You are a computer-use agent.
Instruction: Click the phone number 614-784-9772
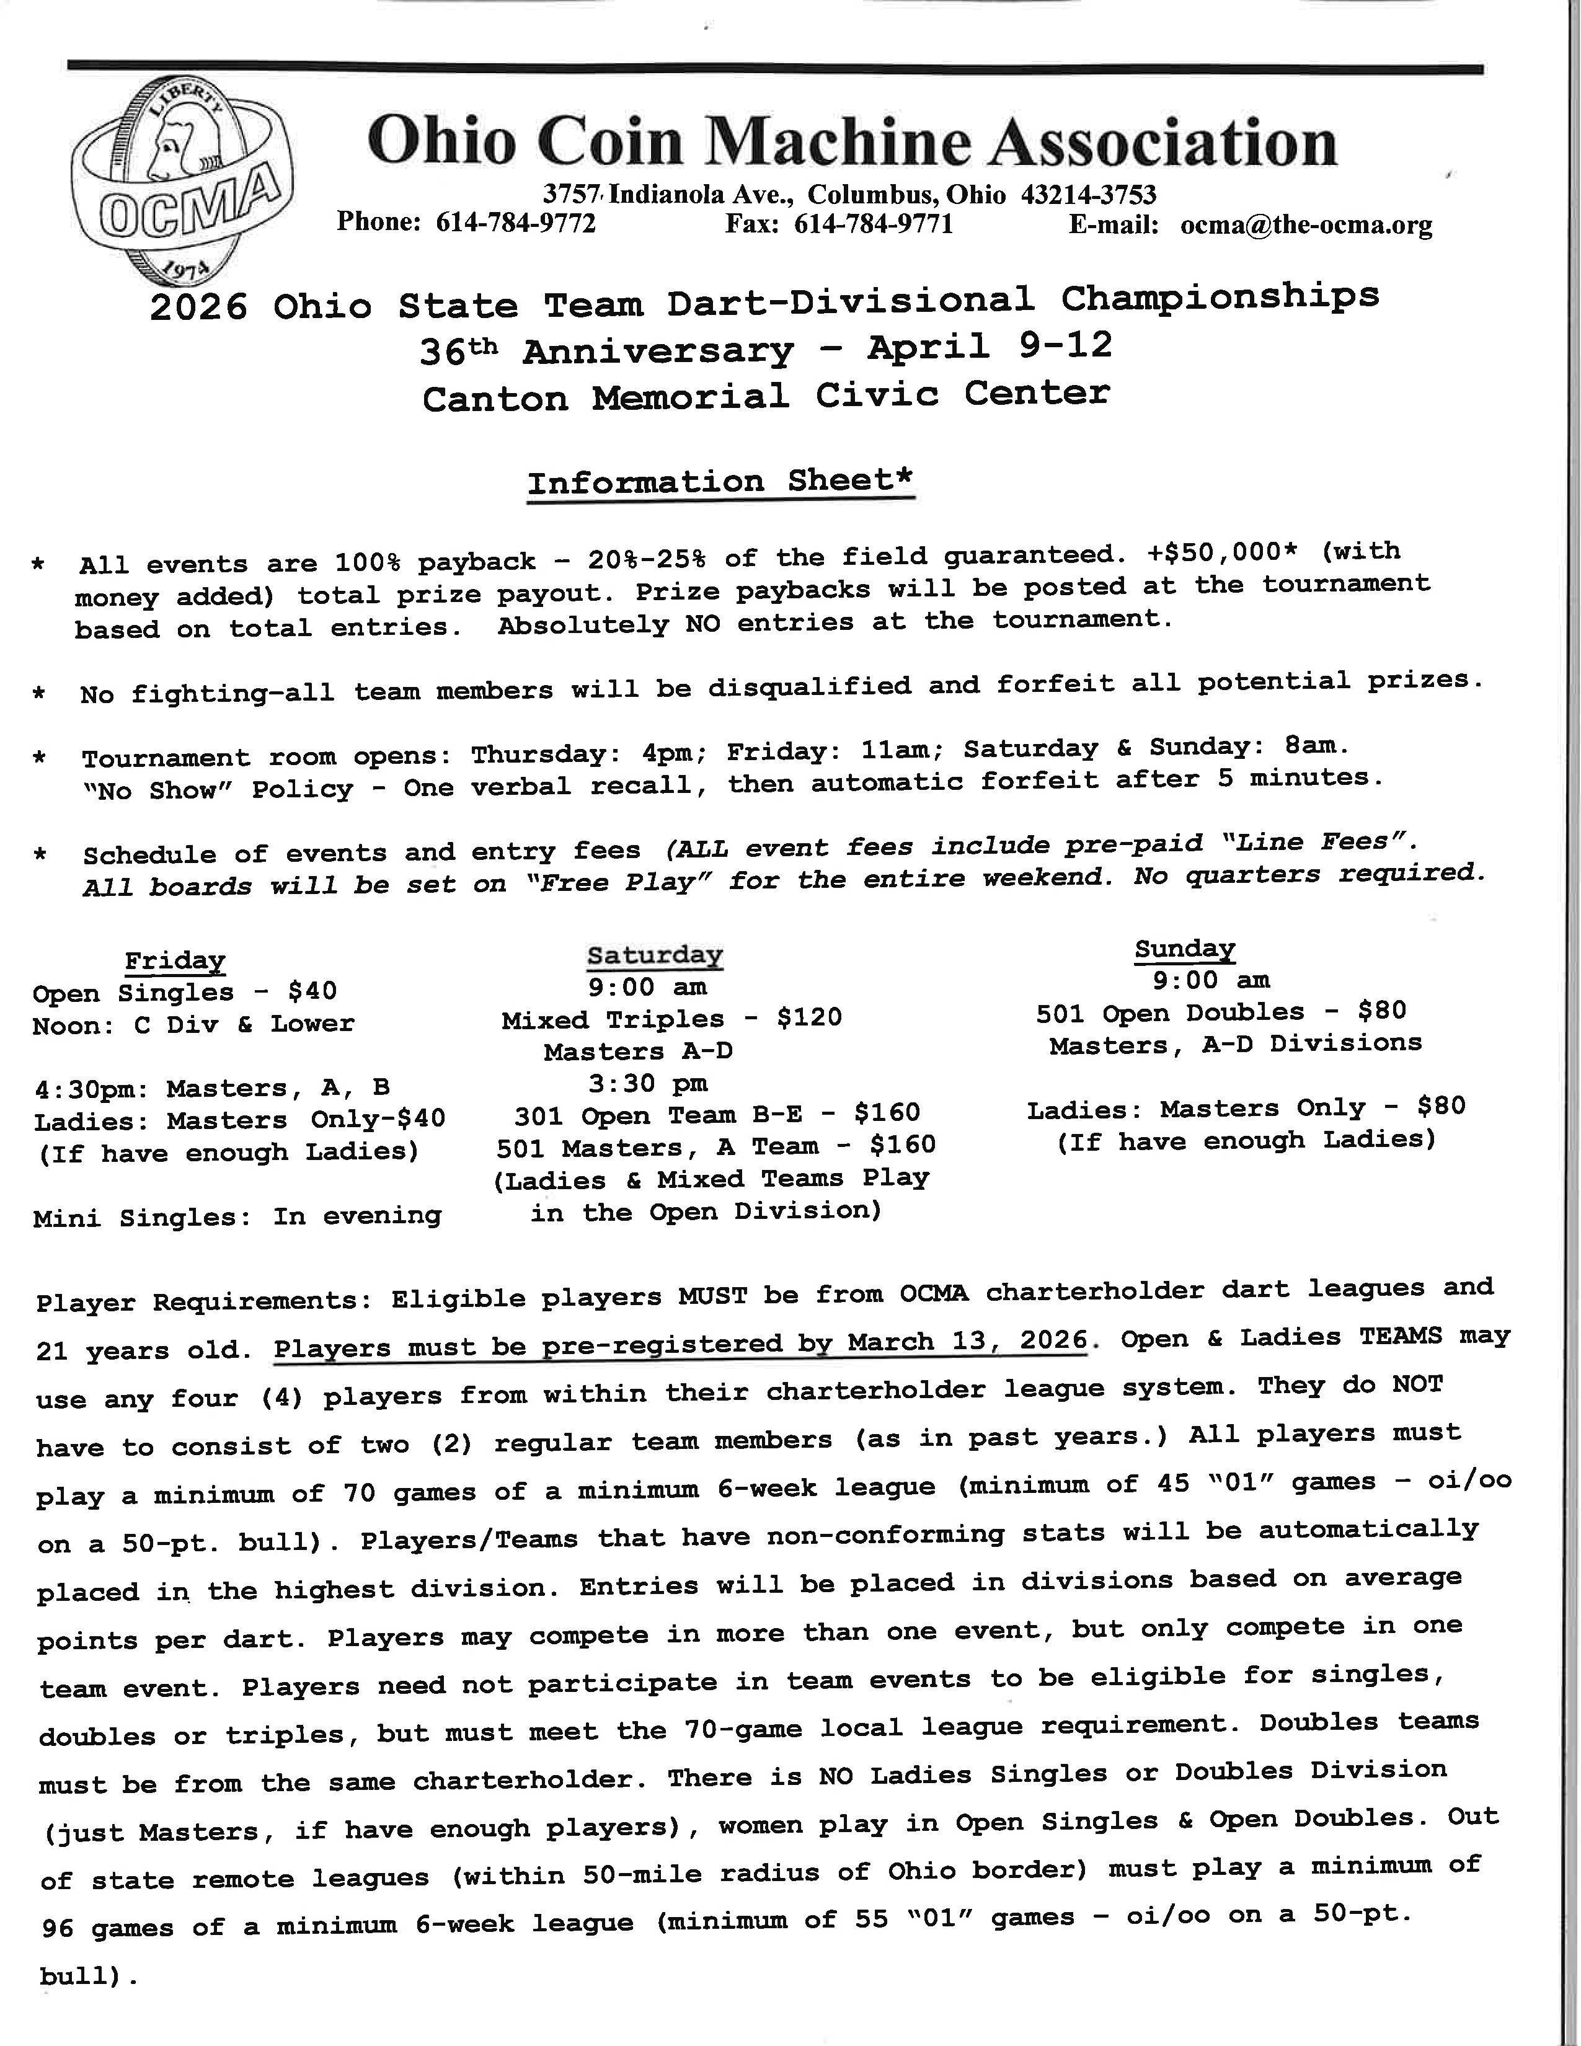pos(515,223)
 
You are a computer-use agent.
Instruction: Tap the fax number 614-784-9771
pos(873,224)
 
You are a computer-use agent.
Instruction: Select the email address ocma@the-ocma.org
pos(1306,226)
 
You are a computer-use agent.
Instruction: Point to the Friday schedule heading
pos(175,961)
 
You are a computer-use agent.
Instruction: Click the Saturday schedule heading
pos(655,955)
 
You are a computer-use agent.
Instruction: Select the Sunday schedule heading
pos(1185,949)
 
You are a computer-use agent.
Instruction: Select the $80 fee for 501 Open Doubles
pos(1383,1011)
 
